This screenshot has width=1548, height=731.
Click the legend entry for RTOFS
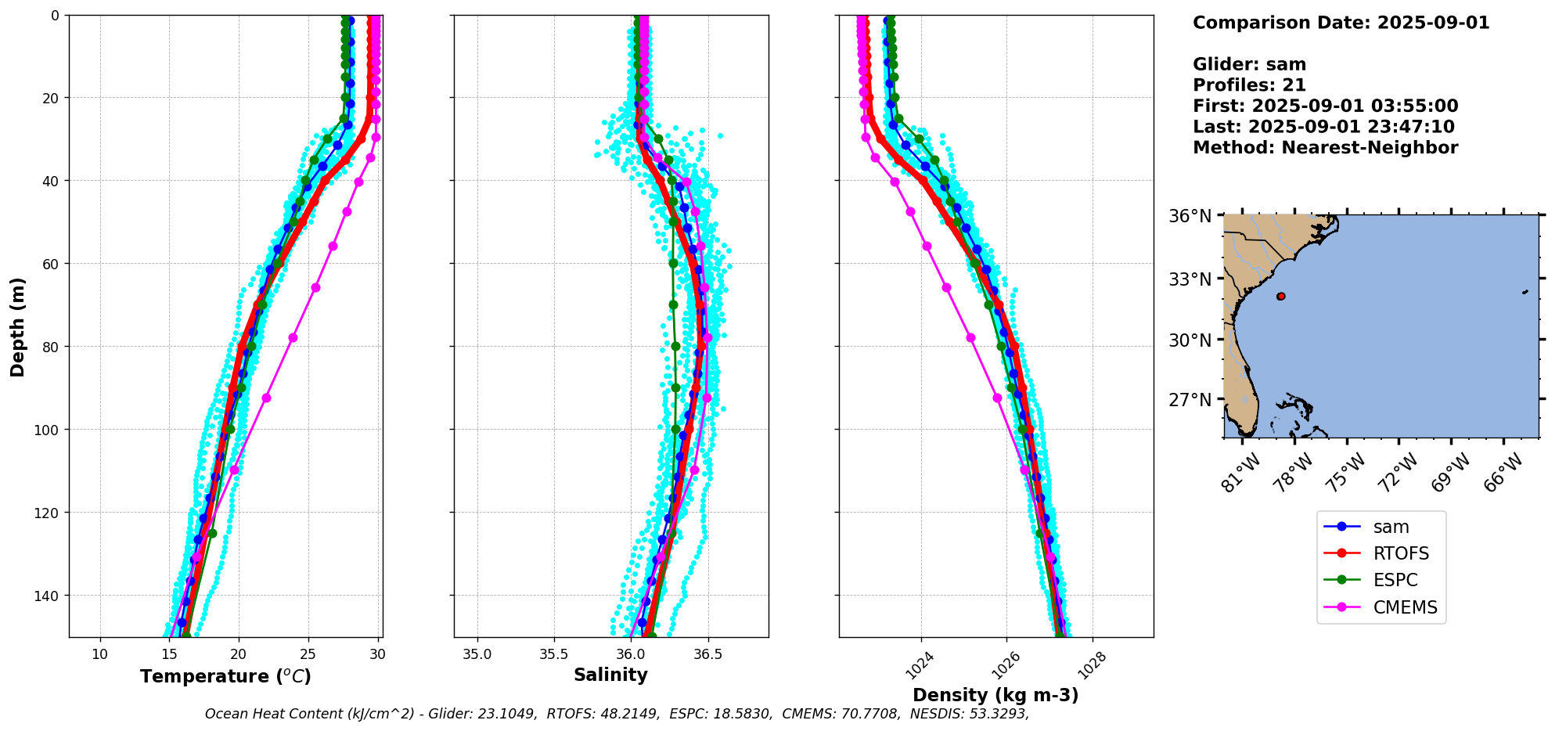[1400, 554]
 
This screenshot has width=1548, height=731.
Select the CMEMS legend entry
[1405, 607]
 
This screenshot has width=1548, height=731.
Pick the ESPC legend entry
[1395, 581]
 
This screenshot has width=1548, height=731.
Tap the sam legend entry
[1391, 528]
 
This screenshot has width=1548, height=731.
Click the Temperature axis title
[225, 677]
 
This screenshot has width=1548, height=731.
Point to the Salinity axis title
[610, 675]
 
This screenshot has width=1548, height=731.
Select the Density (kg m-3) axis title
[995, 695]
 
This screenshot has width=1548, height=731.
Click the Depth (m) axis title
[17, 326]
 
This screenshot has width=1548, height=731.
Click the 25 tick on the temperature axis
[308, 654]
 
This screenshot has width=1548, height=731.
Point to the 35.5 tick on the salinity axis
[554, 654]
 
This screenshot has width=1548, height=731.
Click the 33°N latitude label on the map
[1190, 279]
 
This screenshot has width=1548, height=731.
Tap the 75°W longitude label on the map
[1345, 473]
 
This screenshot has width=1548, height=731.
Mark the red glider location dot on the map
[1280, 296]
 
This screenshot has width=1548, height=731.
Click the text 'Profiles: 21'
[1249, 85]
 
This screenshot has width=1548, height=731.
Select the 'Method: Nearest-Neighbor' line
[1325, 148]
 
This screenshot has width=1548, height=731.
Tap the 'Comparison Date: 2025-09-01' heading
[1341, 23]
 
